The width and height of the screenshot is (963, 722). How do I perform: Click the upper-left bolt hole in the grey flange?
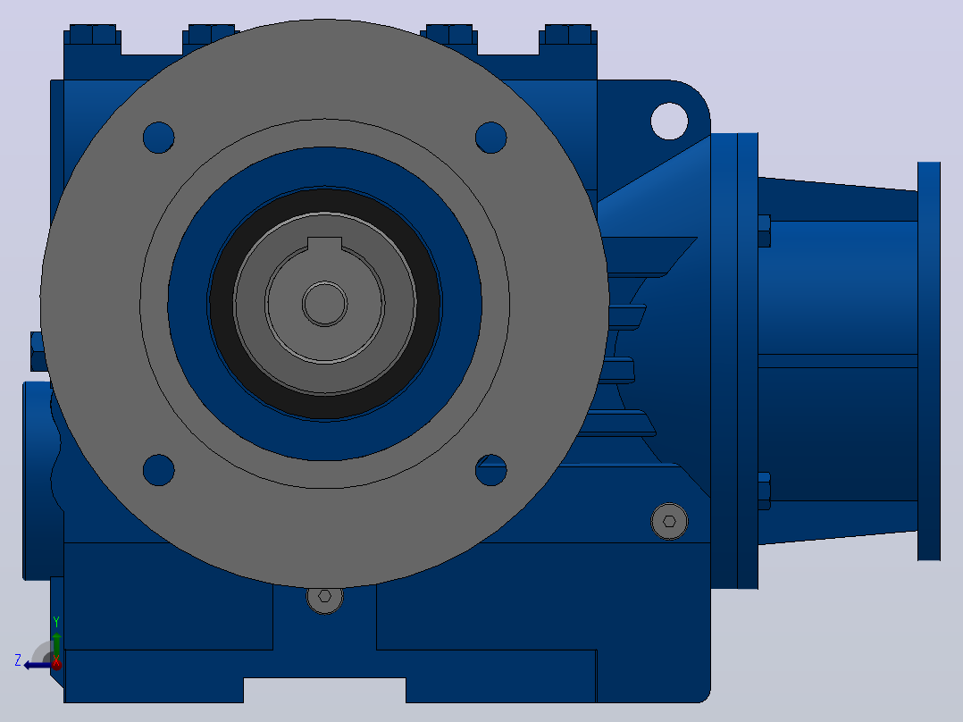158,137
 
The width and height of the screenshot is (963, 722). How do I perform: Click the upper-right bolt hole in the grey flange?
490,137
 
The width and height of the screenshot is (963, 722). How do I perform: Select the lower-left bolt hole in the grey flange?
158,470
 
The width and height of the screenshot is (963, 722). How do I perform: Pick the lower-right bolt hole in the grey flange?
490,470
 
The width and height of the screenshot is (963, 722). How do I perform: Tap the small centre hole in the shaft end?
325,304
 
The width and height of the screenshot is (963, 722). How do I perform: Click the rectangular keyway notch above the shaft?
324,243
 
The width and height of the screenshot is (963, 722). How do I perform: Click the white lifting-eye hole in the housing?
669,121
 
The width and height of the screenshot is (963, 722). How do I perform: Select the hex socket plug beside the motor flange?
669,522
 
